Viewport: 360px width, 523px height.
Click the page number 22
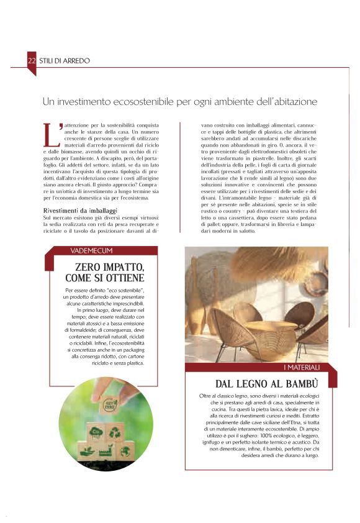click(x=32, y=61)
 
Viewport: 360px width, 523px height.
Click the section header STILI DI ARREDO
click(x=65, y=61)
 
